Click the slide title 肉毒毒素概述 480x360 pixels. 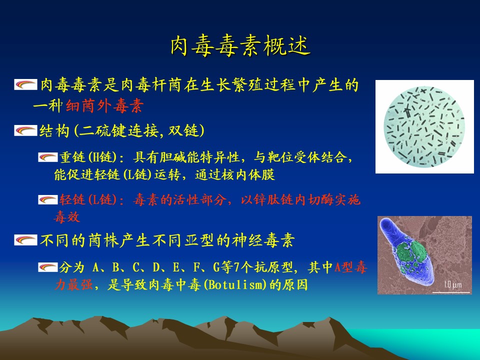click(x=240, y=46)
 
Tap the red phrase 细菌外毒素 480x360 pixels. click(x=104, y=106)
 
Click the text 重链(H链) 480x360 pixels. click(x=88, y=157)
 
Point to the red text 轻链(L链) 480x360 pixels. click(x=88, y=199)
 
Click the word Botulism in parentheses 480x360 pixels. click(x=235, y=284)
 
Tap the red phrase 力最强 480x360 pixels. click(x=73, y=284)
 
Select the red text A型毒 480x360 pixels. click(x=351, y=267)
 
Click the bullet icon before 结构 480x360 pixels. click(x=25, y=130)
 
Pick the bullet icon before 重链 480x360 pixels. click(x=48, y=157)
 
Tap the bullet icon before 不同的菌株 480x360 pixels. click(x=25, y=240)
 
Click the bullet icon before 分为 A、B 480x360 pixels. click(x=48, y=267)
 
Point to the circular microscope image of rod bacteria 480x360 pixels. click(x=424, y=126)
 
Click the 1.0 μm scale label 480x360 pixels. click(x=453, y=284)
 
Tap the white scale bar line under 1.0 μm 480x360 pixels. click(x=451, y=292)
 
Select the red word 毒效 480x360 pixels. click(x=67, y=217)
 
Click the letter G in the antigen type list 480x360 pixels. click(x=216, y=267)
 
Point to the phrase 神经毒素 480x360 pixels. click(x=263, y=240)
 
